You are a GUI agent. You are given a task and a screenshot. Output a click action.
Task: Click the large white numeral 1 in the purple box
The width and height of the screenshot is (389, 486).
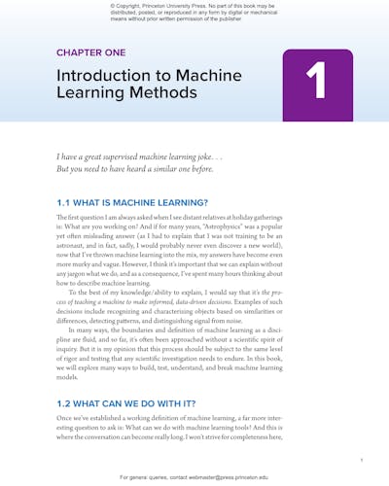click(316, 85)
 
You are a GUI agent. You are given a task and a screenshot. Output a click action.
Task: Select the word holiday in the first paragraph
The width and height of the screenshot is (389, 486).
click(284, 222)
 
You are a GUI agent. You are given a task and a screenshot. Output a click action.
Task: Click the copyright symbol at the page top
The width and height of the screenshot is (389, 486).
click(114, 4)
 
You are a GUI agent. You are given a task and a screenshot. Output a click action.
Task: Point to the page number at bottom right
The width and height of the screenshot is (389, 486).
click(361, 459)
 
